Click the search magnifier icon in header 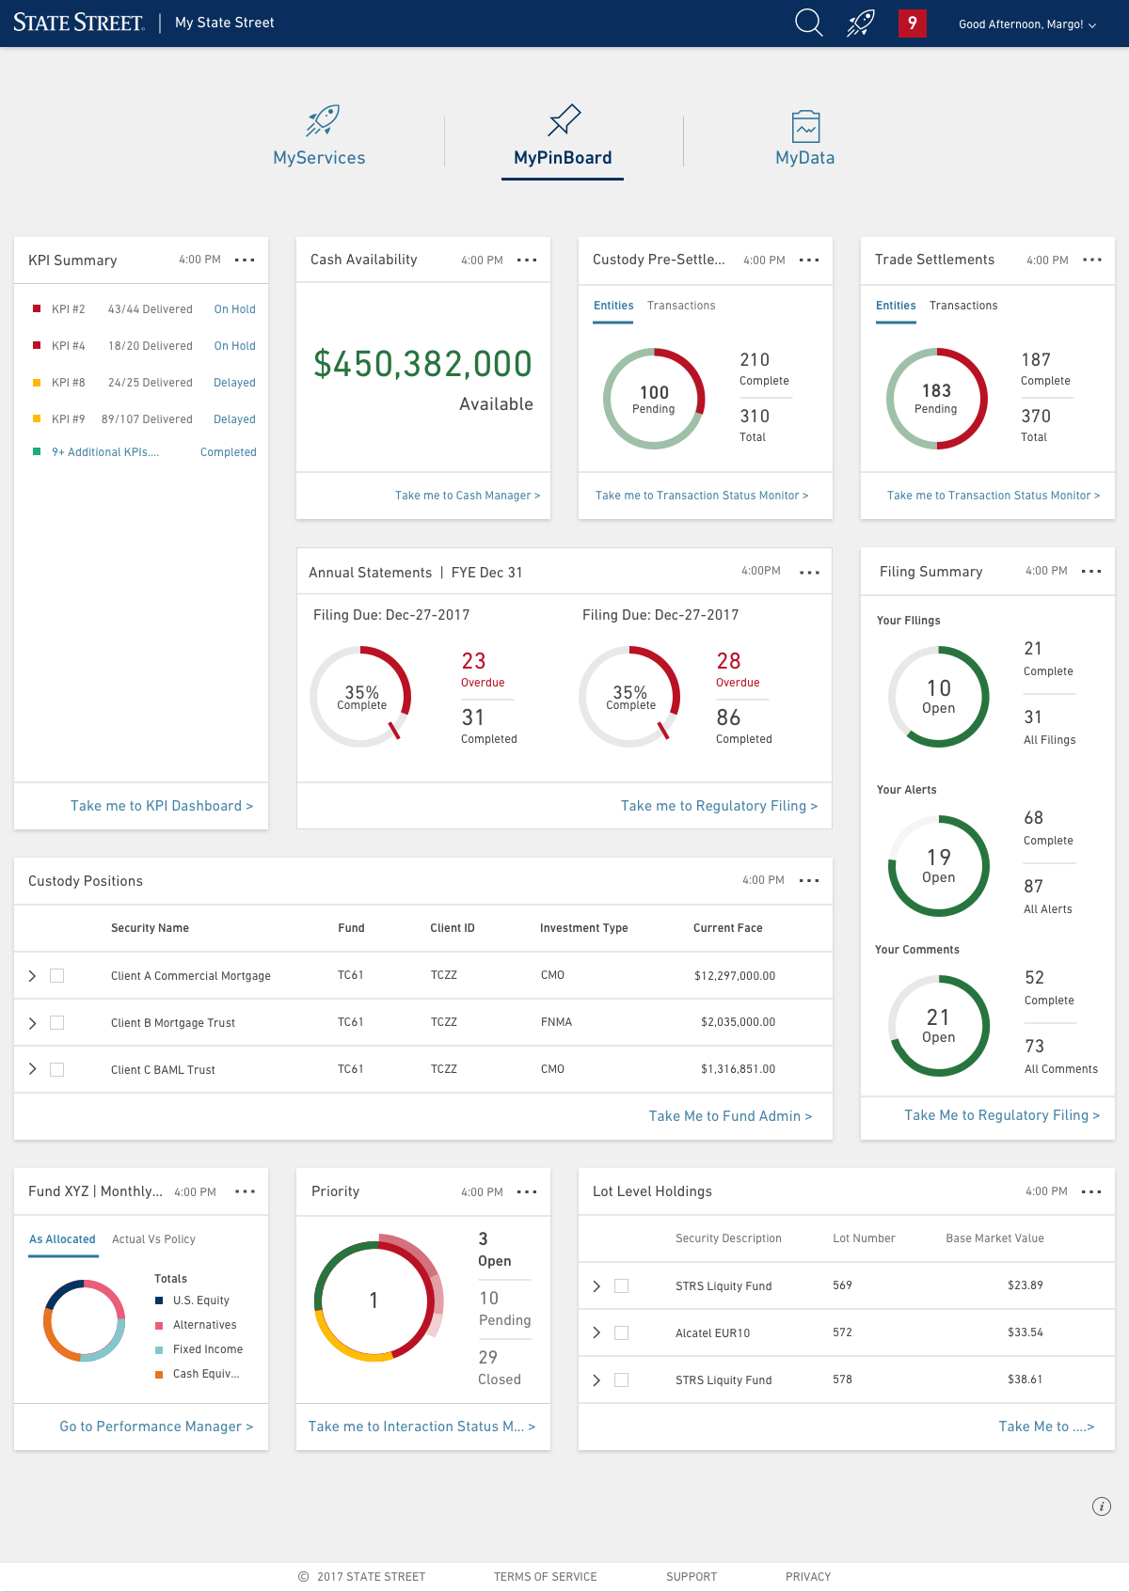click(808, 23)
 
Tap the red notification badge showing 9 click(912, 23)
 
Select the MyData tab click(804, 138)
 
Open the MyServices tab click(319, 138)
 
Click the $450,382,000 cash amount click(422, 364)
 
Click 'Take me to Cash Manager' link click(467, 496)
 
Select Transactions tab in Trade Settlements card click(963, 306)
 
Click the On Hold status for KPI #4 click(234, 346)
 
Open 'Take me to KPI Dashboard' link click(161, 806)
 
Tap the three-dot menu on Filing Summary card click(1091, 571)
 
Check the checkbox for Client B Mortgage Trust click(56, 1022)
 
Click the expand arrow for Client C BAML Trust click(32, 1069)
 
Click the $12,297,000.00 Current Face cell click(735, 976)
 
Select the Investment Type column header click(583, 928)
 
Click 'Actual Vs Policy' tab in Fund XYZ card click(153, 1239)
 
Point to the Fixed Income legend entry click(207, 1349)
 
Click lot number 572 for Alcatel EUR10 click(842, 1332)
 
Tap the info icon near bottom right click(1101, 1506)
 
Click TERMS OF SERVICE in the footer click(545, 1577)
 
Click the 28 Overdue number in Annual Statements click(728, 661)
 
